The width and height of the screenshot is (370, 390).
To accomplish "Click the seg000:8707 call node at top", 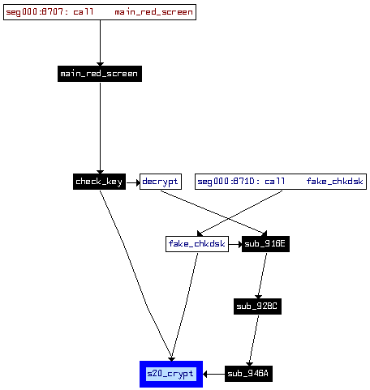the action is point(100,12).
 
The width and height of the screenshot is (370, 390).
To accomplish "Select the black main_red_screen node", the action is point(100,74).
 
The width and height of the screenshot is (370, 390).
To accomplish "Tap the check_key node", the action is point(99,182).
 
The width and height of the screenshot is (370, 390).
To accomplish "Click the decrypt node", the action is point(161,182).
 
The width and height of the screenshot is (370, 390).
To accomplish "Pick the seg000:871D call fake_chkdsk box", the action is point(281,182).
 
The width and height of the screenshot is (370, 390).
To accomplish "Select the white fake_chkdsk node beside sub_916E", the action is point(197,244).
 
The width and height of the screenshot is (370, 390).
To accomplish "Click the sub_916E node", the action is point(265,244).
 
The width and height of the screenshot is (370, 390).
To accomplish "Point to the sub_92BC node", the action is point(257,306).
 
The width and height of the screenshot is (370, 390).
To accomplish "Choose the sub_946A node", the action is point(248,374).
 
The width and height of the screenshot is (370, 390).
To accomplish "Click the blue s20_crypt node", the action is point(171,374).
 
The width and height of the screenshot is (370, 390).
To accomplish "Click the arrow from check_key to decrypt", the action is point(133,183).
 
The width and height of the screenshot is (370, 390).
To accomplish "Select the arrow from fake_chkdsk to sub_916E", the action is point(235,245).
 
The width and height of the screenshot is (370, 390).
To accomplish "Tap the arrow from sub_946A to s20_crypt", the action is point(213,374).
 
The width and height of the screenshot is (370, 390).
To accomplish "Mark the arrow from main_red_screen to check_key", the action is point(100,128).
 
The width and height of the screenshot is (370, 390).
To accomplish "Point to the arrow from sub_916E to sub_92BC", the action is point(262,276).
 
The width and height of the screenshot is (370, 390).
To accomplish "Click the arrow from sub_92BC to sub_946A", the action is point(254,341).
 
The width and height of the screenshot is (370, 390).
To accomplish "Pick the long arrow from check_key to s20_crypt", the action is point(136,276).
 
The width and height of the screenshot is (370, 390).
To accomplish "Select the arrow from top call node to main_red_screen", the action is point(100,43).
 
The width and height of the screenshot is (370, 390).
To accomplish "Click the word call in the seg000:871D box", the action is point(274,181).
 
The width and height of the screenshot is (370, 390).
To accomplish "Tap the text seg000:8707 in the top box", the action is point(34,12).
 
